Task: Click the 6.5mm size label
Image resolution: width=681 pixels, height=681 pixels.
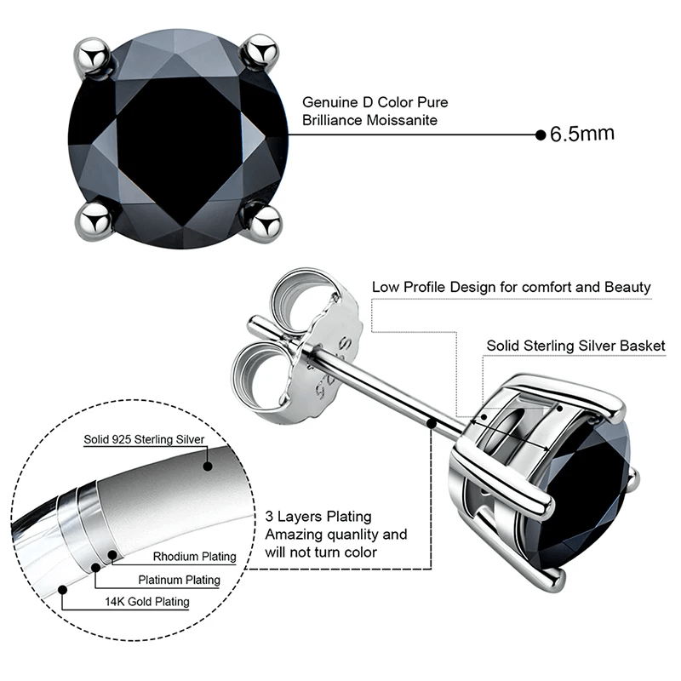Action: coord(582,134)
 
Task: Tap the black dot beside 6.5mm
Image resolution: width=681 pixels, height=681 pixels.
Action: coord(540,134)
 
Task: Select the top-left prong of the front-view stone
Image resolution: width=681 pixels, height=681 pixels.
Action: coord(94,53)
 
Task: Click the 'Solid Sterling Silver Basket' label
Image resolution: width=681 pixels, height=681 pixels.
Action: coord(575,346)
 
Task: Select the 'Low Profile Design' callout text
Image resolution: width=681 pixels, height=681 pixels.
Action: coord(511,287)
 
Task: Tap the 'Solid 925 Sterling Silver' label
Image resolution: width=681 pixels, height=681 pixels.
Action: coord(144,440)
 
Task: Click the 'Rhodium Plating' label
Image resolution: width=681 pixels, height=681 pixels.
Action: coord(194,557)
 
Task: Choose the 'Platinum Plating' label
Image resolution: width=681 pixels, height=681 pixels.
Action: coord(179,580)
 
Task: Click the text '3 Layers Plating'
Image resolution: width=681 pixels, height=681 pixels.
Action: coord(318,517)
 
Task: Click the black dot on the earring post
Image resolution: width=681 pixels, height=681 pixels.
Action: coord(433,421)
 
